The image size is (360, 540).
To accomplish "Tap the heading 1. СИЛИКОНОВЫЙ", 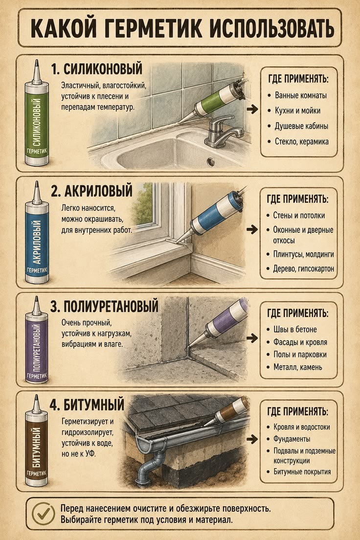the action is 96,69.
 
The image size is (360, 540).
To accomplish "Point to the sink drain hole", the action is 210,161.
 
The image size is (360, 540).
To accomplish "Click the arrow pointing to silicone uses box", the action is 252,109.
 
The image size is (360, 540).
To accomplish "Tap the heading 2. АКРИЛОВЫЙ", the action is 91,191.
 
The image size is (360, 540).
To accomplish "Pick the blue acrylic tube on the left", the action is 37,232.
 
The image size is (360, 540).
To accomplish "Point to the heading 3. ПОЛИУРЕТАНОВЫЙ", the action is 104,306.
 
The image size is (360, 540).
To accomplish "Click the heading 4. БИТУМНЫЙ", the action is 87,405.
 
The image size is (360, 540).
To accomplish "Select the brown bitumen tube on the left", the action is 37,440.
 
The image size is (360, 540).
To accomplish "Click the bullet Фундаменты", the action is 292,439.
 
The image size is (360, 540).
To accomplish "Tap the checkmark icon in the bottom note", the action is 44,514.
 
